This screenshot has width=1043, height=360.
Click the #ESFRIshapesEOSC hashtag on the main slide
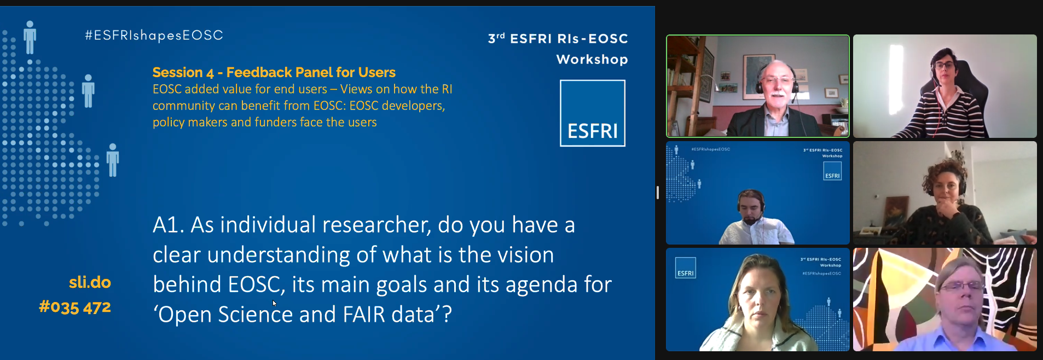coord(154,36)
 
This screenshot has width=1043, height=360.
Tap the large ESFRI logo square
coord(592,113)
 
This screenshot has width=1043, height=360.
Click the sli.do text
coord(90,282)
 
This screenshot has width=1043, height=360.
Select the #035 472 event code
coord(75,307)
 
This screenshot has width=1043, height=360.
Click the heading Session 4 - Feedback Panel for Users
coord(274,72)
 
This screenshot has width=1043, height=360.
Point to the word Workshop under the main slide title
coord(592,59)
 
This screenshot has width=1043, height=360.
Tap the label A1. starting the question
coord(167,225)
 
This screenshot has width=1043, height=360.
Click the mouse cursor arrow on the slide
coord(274,303)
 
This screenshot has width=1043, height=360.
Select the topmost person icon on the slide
coord(30,37)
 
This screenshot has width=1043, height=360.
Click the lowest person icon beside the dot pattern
coord(113,160)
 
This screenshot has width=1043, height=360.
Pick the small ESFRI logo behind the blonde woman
coord(686,268)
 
